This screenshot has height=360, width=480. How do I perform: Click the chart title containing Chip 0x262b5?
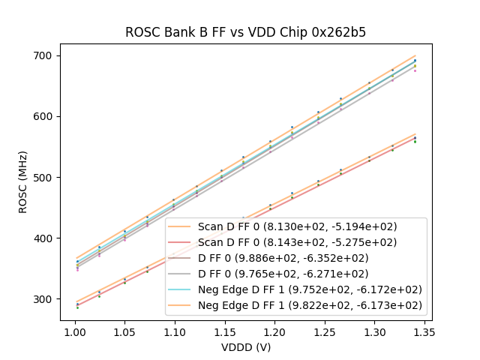(245, 32)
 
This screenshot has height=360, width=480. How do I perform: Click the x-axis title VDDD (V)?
(245, 347)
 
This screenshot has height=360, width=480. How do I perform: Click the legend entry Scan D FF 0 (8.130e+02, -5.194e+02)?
(297, 226)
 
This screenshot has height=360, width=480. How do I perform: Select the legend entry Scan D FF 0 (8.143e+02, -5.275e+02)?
(297, 242)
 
